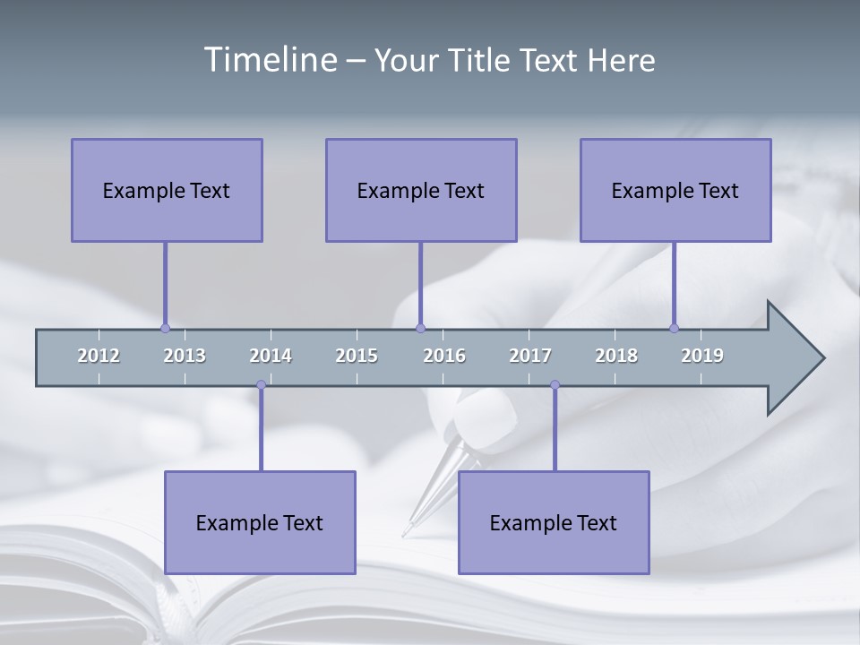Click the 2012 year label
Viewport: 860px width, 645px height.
(99, 356)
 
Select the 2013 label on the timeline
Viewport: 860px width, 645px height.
(185, 356)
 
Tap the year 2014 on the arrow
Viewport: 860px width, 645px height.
(271, 356)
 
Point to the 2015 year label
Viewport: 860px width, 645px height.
(357, 356)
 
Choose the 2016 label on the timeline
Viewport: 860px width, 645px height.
(444, 356)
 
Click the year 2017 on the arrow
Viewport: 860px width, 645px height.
(530, 356)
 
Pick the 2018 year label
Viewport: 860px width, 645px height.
(616, 356)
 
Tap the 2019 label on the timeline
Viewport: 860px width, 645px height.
(702, 356)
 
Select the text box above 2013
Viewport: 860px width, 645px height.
(167, 191)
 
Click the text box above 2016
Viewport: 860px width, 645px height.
(421, 191)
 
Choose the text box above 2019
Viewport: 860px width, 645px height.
(675, 191)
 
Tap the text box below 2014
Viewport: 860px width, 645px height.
(260, 523)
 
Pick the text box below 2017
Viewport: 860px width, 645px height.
(554, 523)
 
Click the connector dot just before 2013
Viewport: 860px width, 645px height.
(165, 328)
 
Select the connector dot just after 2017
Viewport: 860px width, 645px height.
(555, 385)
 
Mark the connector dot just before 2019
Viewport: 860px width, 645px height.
(674, 328)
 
